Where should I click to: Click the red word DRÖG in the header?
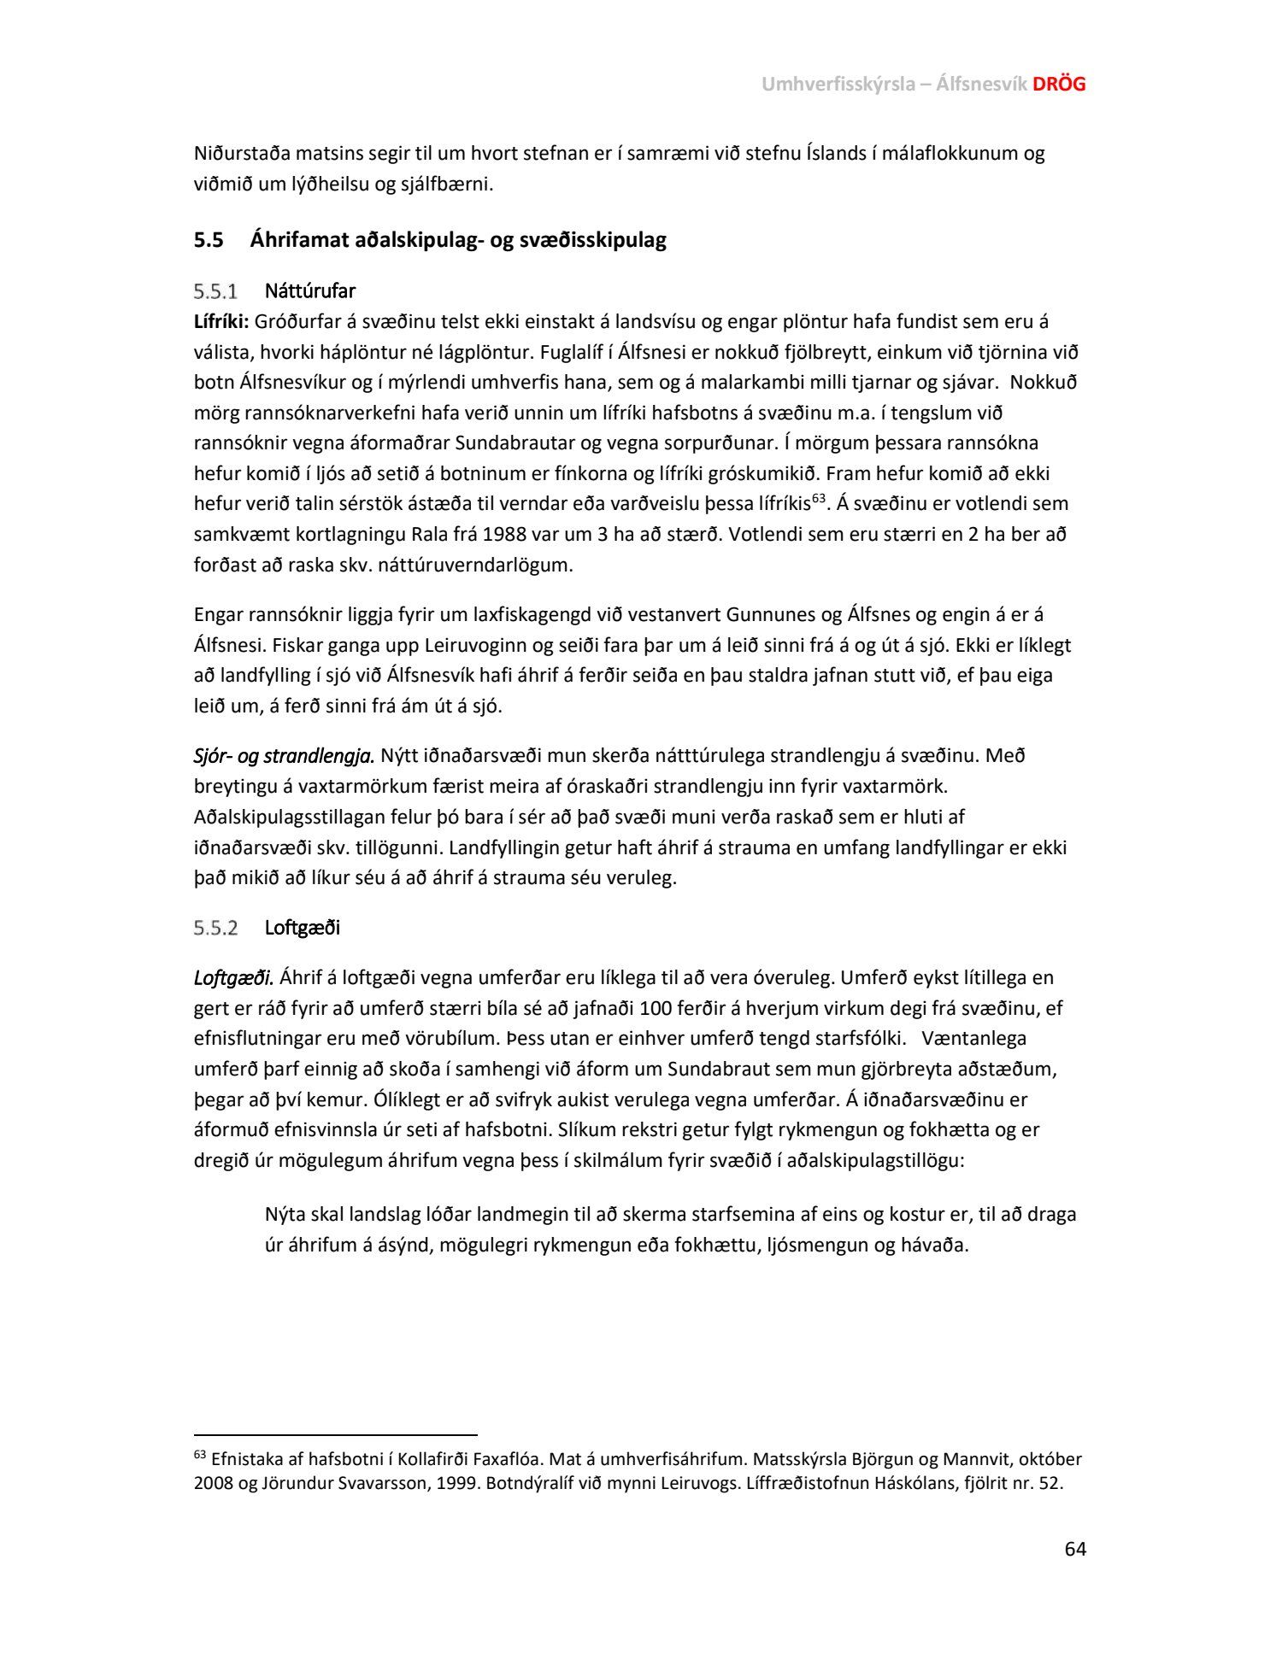click(1059, 84)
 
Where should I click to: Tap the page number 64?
click(1075, 1549)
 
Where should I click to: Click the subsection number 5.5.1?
click(215, 291)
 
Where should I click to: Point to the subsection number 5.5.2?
click(215, 928)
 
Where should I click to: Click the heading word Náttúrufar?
click(310, 291)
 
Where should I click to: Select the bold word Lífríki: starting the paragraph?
click(221, 322)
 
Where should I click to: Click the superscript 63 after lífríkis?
click(818, 498)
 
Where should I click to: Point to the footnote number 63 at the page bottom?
click(200, 1455)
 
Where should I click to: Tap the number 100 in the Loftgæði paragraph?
click(656, 1008)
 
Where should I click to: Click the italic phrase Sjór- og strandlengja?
click(285, 756)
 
